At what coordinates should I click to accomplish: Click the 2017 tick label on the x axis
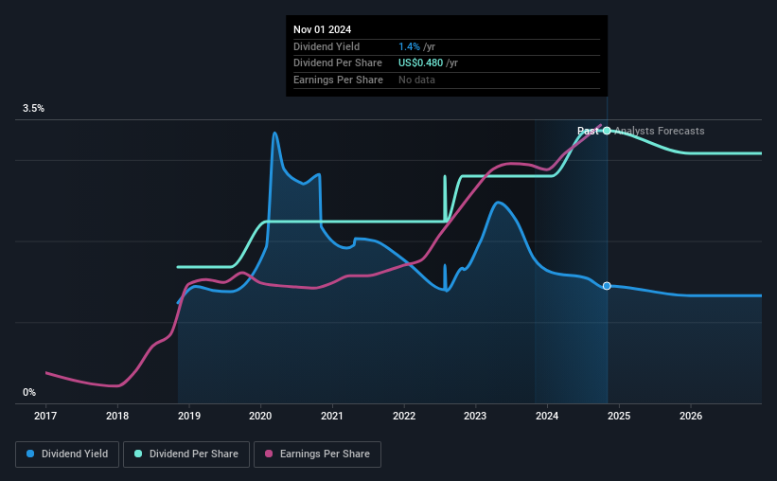pyautogui.click(x=45, y=416)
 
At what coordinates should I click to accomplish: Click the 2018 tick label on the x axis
pyautogui.click(x=117, y=416)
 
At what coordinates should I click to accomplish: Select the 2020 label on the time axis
pyautogui.click(x=260, y=416)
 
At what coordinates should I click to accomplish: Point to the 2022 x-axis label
pyautogui.click(x=404, y=416)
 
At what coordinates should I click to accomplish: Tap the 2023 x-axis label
pyautogui.click(x=475, y=416)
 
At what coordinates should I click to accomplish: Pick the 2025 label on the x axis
pyautogui.click(x=619, y=416)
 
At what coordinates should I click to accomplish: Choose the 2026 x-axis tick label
pyautogui.click(x=691, y=416)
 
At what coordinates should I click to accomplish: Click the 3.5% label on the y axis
pyautogui.click(x=34, y=109)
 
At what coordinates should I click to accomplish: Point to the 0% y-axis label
pyautogui.click(x=29, y=392)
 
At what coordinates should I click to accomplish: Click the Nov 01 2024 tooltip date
pyautogui.click(x=322, y=29)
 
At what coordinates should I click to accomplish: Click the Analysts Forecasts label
pyautogui.click(x=659, y=131)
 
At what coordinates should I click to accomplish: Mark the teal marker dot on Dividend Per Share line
pyautogui.click(x=607, y=131)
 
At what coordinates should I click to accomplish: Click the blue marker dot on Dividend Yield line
pyautogui.click(x=607, y=286)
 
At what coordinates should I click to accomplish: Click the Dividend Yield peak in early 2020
pyautogui.click(x=274, y=133)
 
